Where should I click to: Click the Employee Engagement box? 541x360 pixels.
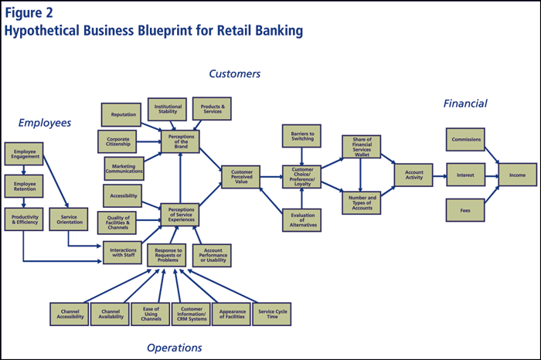[23, 151]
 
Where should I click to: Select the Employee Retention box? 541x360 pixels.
[23, 185]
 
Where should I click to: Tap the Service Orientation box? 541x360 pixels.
[69, 219]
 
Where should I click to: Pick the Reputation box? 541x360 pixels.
[123, 114]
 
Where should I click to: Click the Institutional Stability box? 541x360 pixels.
[168, 108]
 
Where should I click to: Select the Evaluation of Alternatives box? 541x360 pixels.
[301, 219]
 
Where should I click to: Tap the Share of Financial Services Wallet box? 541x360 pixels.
[362, 147]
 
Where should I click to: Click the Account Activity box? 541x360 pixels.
[414, 175]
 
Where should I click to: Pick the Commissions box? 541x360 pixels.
[465, 140]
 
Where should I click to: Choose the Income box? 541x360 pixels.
[517, 175]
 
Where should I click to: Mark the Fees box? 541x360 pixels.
[465, 209]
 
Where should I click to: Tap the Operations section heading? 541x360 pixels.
[176, 348]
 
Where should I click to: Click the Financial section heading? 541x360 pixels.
[465, 104]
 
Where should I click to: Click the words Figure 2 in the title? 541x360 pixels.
[29, 13]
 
